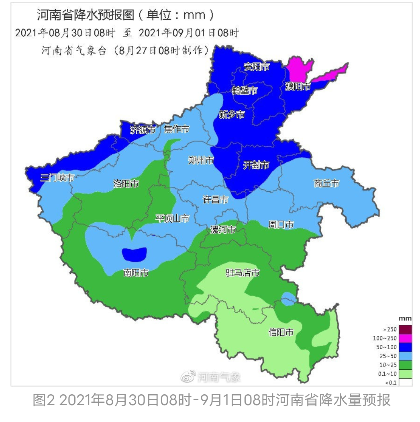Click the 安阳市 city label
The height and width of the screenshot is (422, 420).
257,67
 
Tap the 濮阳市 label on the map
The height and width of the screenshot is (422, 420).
298,86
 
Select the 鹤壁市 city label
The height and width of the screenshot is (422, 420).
244,90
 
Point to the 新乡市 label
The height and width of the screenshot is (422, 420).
232,115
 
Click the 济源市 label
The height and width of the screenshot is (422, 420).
143,130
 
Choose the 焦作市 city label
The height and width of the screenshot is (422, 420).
177,129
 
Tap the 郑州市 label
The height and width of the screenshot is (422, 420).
201,161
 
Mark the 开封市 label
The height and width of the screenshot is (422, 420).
256,165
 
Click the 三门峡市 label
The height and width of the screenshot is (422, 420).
57,178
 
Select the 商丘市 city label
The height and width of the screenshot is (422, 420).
326,184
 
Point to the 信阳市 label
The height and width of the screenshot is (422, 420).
281,332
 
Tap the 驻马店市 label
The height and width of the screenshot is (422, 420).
243,273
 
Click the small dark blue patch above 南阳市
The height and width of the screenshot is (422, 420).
135,254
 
